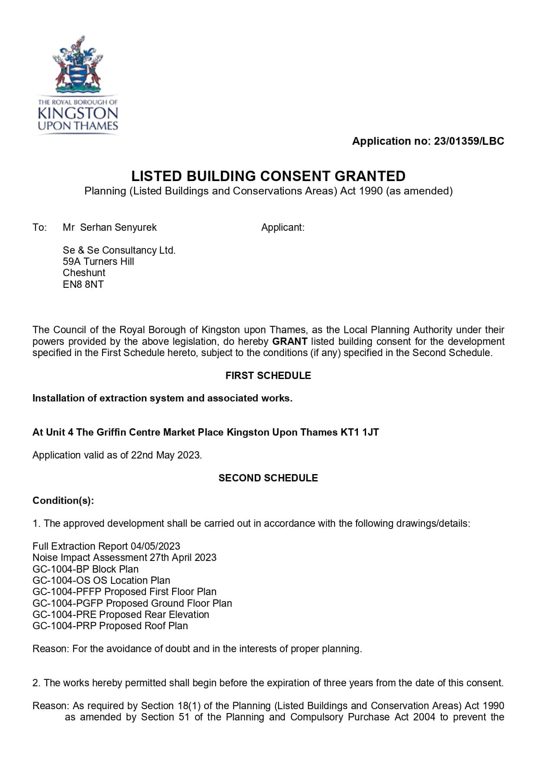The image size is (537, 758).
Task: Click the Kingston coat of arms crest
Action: (78, 65)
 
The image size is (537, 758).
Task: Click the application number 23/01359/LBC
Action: (469, 141)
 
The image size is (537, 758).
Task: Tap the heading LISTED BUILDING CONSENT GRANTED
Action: (268, 176)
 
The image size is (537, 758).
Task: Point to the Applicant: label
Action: (283, 227)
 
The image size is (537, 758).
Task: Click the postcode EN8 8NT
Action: (83, 284)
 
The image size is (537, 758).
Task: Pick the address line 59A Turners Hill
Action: (98, 261)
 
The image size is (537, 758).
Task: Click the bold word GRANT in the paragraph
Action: (289, 341)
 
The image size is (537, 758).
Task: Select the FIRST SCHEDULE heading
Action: (268, 376)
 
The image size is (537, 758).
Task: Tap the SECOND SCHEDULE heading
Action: (268, 478)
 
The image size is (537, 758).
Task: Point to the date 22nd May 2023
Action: (166, 455)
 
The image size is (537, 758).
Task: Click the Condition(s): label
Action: (63, 500)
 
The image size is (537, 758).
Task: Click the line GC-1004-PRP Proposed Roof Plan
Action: (110, 626)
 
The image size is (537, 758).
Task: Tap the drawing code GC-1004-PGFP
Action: (68, 603)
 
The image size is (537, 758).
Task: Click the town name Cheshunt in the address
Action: (84, 273)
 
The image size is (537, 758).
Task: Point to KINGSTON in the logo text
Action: (78, 114)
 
